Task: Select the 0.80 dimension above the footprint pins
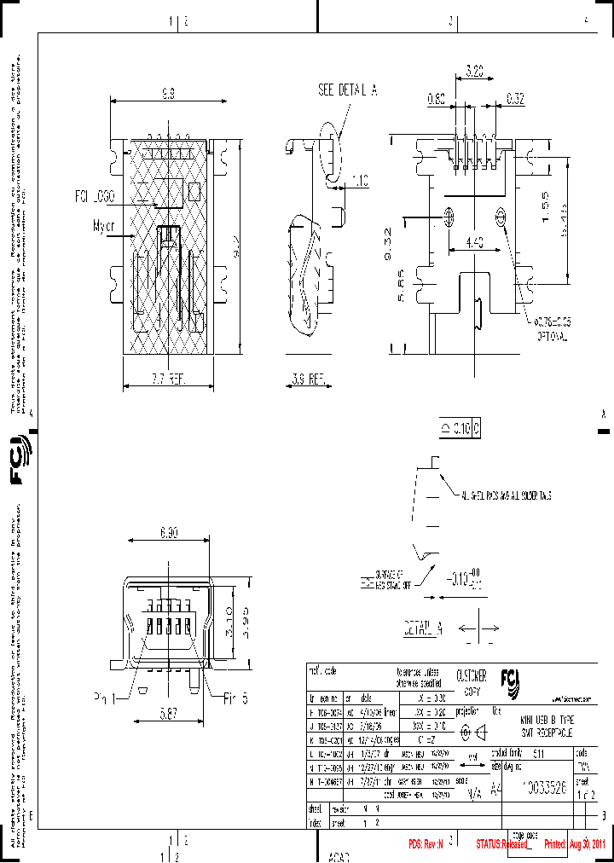[x=435, y=100]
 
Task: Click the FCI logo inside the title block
[x=517, y=680]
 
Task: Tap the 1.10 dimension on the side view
[x=359, y=181]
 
